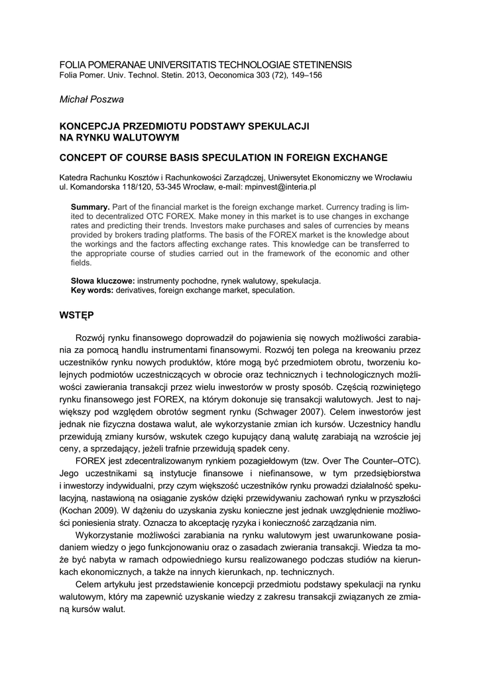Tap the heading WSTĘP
click(77, 314)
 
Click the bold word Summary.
click(90, 208)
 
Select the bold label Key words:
click(91, 290)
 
